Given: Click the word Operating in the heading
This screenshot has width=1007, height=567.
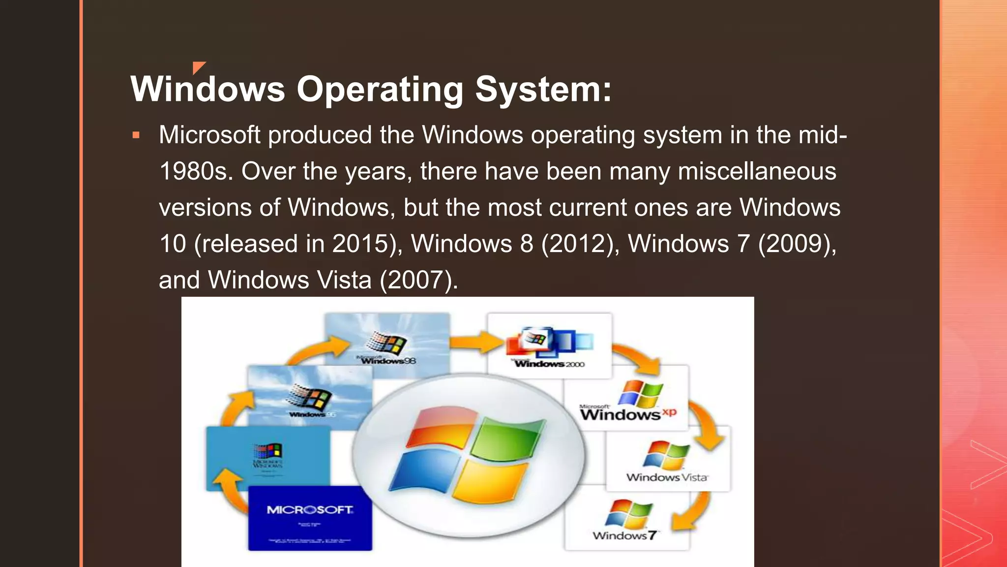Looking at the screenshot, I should click(x=380, y=90).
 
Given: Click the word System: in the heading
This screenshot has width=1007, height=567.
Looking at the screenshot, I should click(x=543, y=90).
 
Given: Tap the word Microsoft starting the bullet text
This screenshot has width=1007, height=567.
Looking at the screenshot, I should click(x=209, y=135).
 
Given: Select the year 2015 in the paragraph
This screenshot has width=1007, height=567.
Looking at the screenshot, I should click(x=360, y=244).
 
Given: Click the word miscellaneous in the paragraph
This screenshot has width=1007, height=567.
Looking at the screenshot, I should click(x=757, y=171).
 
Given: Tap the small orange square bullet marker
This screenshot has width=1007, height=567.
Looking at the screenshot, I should click(x=136, y=135).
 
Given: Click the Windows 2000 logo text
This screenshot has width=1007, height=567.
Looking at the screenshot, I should click(x=549, y=364).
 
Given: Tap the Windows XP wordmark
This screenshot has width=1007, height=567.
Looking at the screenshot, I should click(x=627, y=414).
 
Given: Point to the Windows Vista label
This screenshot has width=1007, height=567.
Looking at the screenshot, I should click(x=667, y=477).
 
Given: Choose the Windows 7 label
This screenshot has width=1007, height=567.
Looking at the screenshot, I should click(x=624, y=535).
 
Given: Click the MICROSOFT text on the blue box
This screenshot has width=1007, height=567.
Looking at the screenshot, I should click(x=310, y=510).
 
